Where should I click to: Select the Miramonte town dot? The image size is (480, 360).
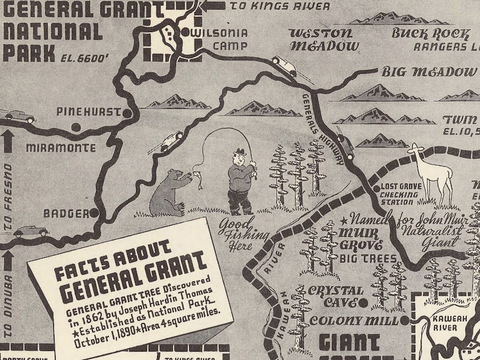point(76,126)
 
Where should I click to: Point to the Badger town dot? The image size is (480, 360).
point(94,213)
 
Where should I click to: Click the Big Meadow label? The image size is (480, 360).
point(429,72)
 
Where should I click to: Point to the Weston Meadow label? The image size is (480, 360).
point(320,39)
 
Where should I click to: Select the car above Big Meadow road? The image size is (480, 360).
point(284,65)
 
